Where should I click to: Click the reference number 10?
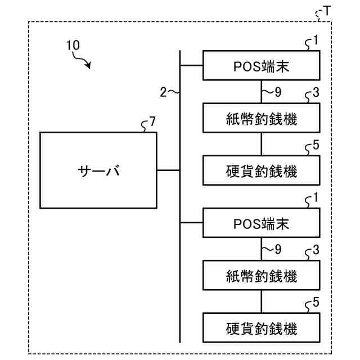[73, 45]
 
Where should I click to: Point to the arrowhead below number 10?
[88, 65]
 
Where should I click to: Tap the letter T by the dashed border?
[327, 11]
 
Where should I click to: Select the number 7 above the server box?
[152, 121]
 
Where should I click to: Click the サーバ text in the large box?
[99, 170]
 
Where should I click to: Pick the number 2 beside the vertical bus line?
[163, 92]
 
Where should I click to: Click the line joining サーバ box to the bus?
[168, 170]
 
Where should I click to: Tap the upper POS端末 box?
[261, 65]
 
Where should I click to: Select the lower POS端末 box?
[261, 223]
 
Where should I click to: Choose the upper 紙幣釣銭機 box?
[261, 118]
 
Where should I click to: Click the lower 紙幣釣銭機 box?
[261, 275]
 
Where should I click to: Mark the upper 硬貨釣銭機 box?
[261, 170]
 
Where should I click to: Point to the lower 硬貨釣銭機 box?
[261, 327]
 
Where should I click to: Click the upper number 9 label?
[278, 92]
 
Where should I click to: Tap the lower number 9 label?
[278, 249]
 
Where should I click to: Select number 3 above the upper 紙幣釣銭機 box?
[316, 92]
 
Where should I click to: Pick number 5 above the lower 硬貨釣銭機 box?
[316, 302]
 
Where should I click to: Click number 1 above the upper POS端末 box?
[316, 40]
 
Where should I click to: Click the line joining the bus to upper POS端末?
[191, 65]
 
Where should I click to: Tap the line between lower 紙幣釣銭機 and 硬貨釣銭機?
[261, 301]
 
